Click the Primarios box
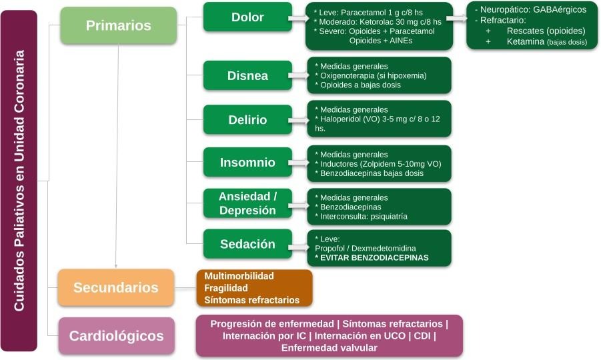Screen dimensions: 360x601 (x=118, y=26)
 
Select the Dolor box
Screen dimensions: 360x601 (x=247, y=17)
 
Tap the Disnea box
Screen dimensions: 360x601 (x=247, y=75)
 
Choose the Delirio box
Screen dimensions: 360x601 (x=247, y=120)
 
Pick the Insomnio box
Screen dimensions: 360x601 (x=247, y=162)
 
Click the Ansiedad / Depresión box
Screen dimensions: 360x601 (x=247, y=203)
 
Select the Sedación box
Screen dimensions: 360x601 (x=247, y=244)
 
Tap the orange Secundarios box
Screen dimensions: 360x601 (x=116, y=288)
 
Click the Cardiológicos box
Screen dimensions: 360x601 (x=116, y=335)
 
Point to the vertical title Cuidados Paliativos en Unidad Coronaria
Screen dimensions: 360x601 (x=19, y=181)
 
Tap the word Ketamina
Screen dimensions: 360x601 (x=525, y=41)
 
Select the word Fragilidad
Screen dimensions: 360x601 (x=225, y=288)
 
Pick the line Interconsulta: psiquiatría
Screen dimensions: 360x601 (x=364, y=217)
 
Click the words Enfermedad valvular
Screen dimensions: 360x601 (x=329, y=348)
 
